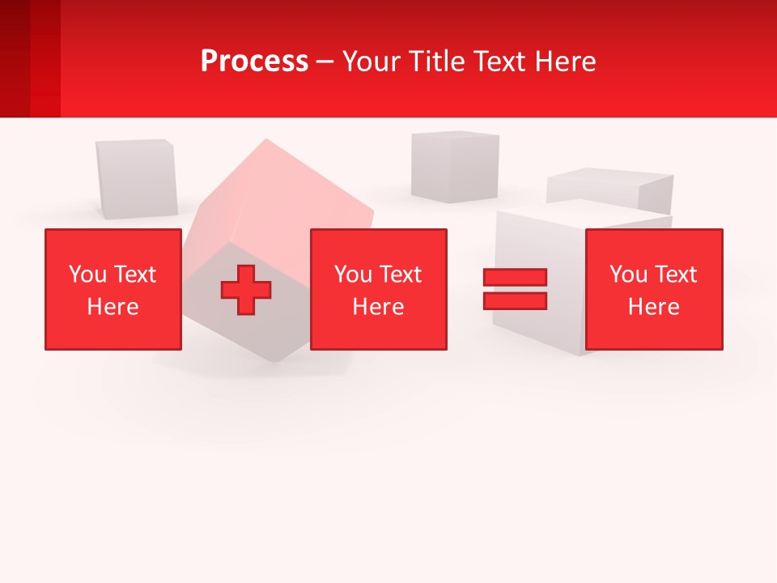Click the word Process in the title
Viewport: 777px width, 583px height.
(x=254, y=62)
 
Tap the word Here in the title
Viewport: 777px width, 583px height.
(x=564, y=62)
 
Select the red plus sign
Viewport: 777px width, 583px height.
(x=246, y=289)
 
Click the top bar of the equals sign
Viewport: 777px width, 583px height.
(x=515, y=277)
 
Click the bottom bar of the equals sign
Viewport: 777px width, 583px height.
(x=515, y=300)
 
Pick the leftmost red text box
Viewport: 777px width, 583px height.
(x=113, y=289)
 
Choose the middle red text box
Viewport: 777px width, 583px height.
(x=378, y=289)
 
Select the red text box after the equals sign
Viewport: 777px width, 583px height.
(x=654, y=289)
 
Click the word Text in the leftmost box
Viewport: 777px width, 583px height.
(x=134, y=274)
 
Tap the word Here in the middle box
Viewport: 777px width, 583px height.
(x=378, y=307)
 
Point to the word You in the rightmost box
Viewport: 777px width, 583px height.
(x=628, y=274)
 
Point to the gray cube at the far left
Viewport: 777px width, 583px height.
(x=136, y=178)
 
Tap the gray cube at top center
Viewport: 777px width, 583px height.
(x=454, y=166)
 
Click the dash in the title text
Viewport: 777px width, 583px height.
(x=325, y=62)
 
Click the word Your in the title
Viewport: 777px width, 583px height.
(x=372, y=62)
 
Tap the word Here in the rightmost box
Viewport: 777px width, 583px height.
(x=653, y=307)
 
